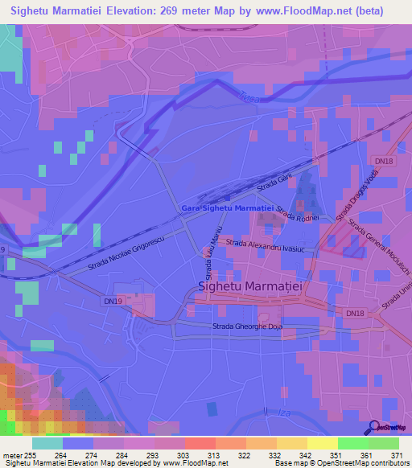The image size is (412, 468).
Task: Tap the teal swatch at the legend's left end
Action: point(47,443)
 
